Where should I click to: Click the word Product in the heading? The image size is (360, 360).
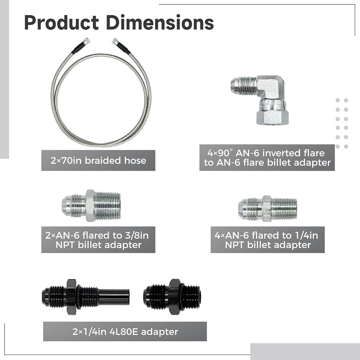point(61,23)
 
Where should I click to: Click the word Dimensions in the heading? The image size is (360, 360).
point(160,23)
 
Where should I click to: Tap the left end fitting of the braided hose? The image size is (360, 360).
point(86,41)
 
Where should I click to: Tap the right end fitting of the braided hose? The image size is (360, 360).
point(115,41)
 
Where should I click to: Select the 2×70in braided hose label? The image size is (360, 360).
point(98,161)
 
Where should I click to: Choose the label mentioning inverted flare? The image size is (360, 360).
point(267,158)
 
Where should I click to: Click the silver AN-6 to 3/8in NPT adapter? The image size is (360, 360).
point(91,206)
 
